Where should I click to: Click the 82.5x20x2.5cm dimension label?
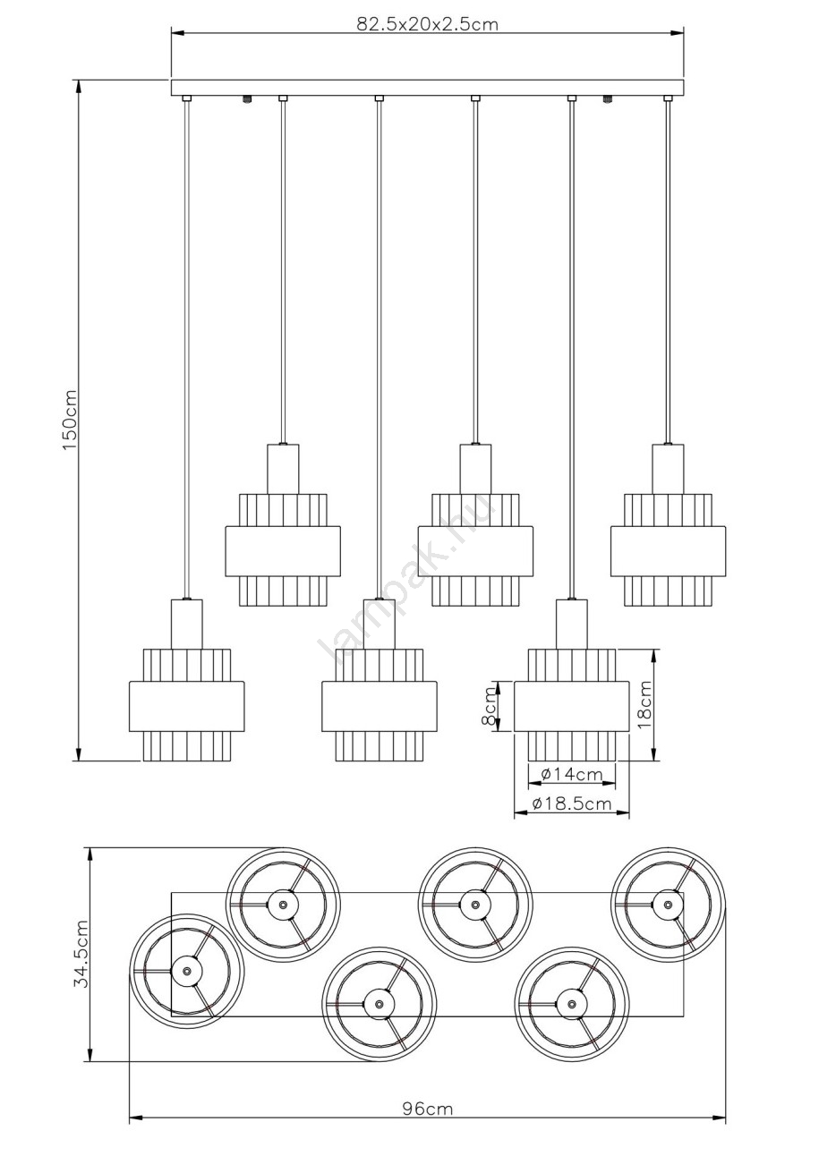click(x=428, y=24)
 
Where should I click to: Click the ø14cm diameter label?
click(x=572, y=774)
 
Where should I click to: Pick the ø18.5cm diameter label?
click(x=572, y=803)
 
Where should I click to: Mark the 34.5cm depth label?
click(x=81, y=954)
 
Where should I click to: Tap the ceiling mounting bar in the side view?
click(x=428, y=88)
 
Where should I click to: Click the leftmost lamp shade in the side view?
click(x=186, y=705)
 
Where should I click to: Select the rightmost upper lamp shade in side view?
click(x=668, y=550)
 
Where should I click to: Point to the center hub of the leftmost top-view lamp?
click(x=186, y=970)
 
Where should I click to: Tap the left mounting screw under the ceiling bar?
click(x=247, y=98)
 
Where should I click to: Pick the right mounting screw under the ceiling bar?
click(x=607, y=98)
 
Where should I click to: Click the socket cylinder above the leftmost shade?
click(x=186, y=624)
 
